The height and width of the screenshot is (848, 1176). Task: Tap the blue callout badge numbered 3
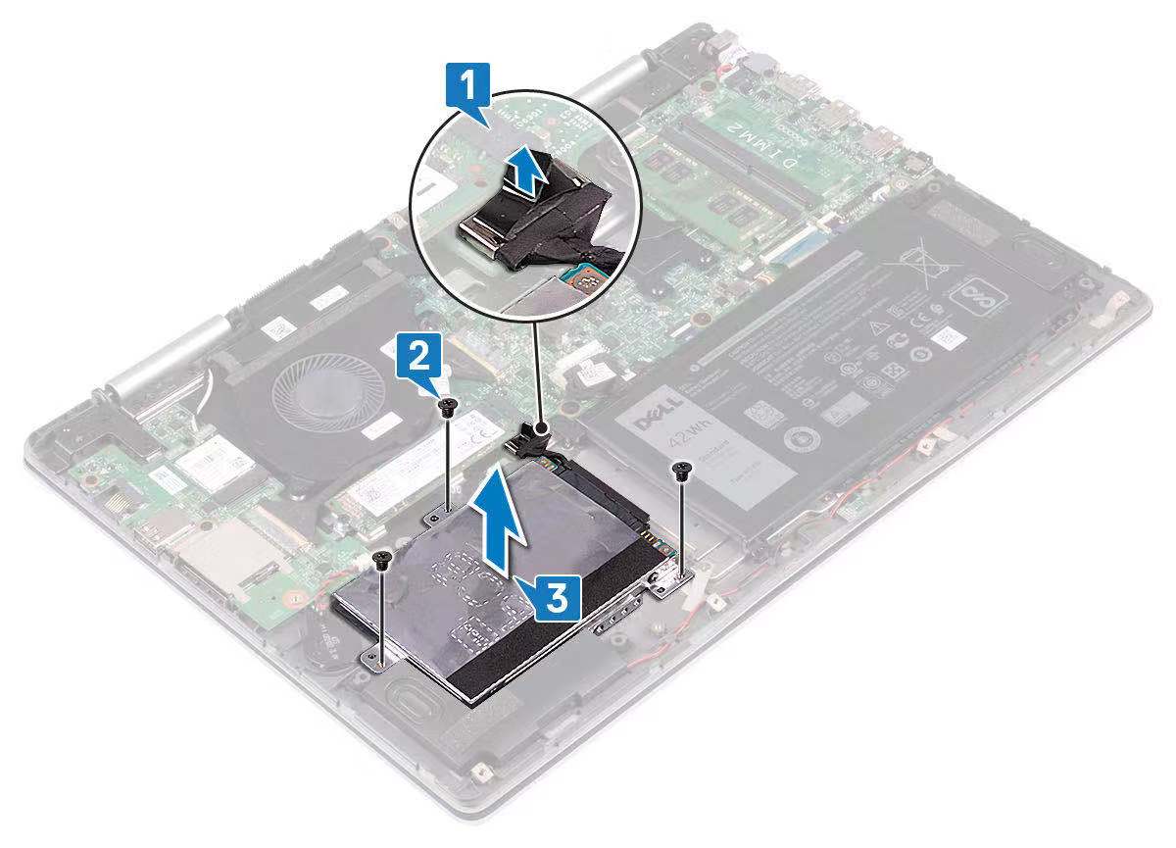click(556, 596)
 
